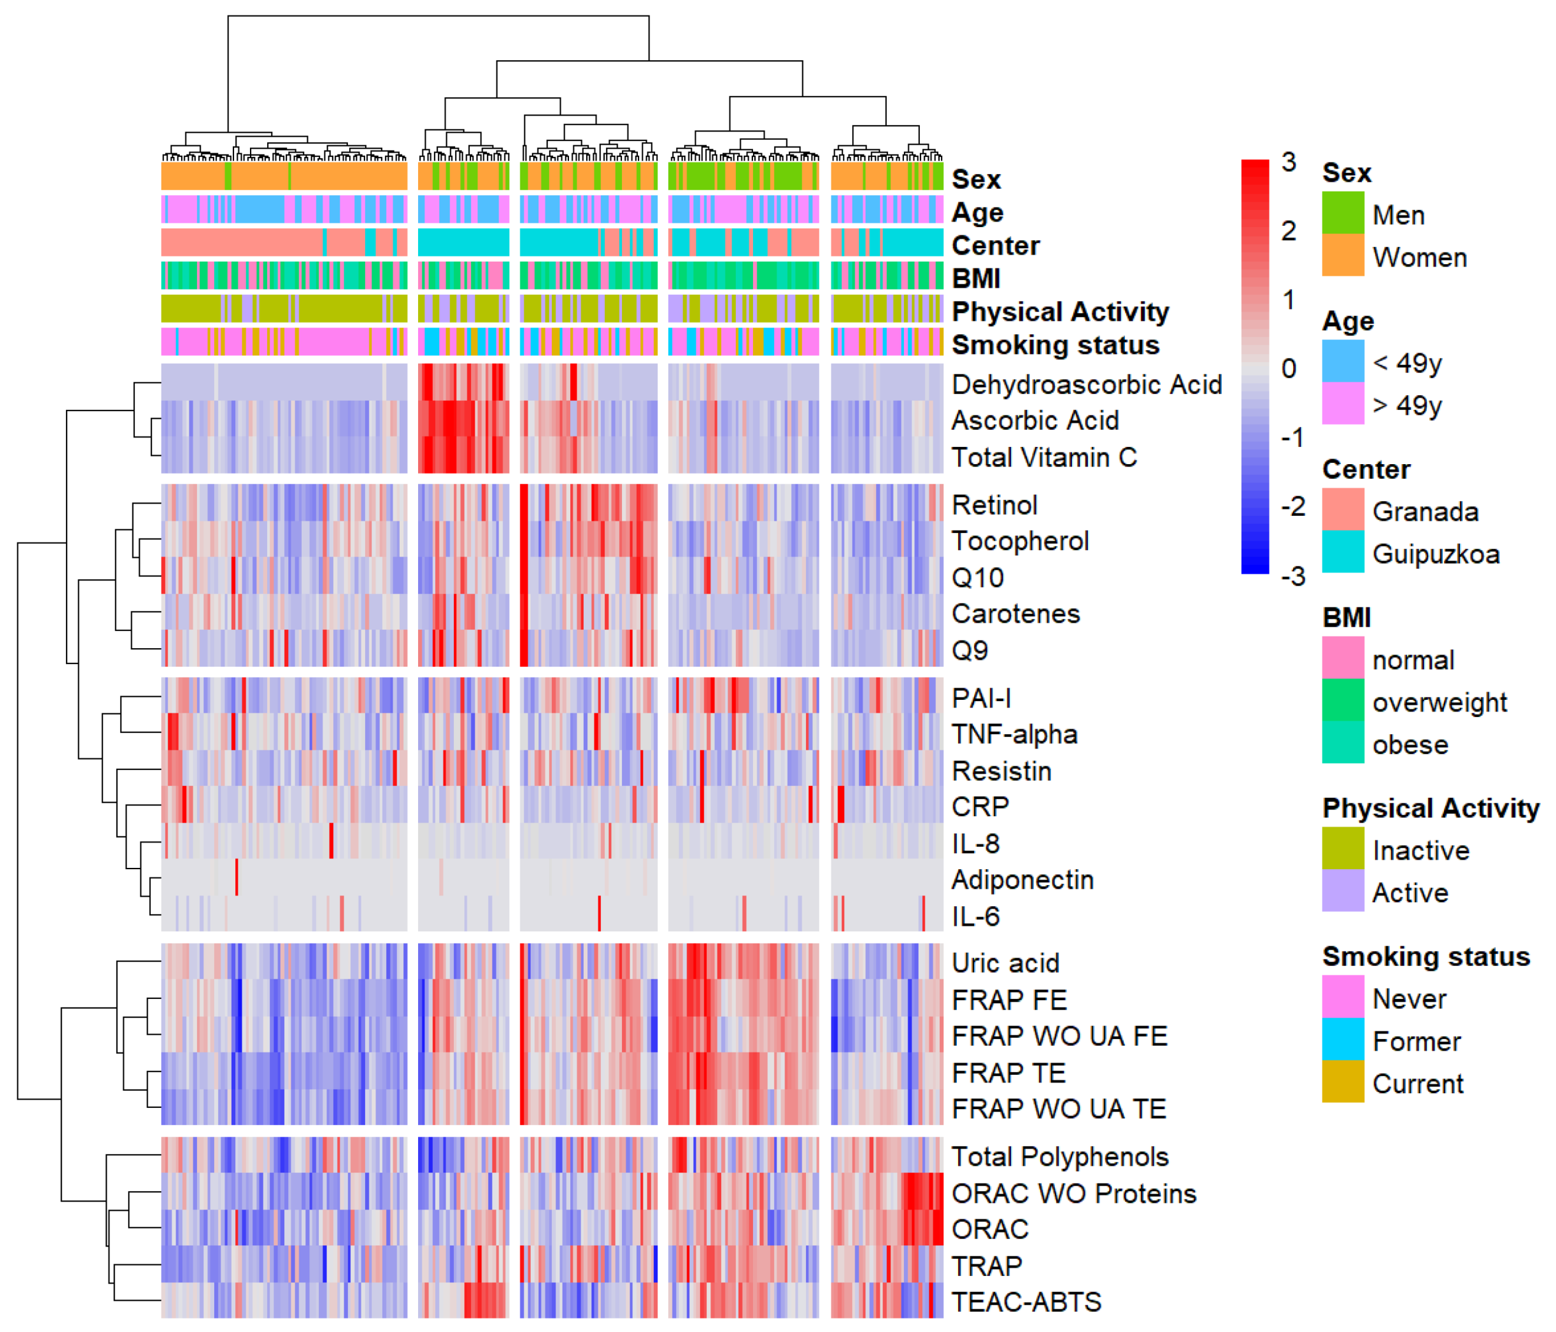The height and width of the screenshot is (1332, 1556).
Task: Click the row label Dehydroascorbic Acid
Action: pyautogui.click(x=1086, y=385)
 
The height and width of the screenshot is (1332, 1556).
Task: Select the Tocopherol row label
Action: pyautogui.click(x=1020, y=540)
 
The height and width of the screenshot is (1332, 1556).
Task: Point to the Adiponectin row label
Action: pyautogui.click(x=1022, y=879)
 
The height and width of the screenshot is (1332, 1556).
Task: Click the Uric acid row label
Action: pyautogui.click(x=1005, y=963)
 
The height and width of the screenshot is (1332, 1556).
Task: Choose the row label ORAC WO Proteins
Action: pyautogui.click(x=1073, y=1193)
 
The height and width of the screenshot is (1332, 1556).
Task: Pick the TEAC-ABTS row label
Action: pyautogui.click(x=1026, y=1302)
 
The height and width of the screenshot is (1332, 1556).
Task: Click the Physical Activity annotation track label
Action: pyautogui.click(x=1060, y=311)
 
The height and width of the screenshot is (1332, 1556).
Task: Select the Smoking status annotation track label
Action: pyautogui.click(x=1055, y=345)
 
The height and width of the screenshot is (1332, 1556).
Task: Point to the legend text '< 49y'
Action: pyautogui.click(x=1406, y=363)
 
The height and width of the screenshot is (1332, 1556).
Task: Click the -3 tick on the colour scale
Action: pyautogui.click(x=1292, y=577)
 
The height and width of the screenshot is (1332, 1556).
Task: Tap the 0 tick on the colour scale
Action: pyautogui.click(x=1289, y=368)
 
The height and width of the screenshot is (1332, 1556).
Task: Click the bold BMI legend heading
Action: pyautogui.click(x=1346, y=617)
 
